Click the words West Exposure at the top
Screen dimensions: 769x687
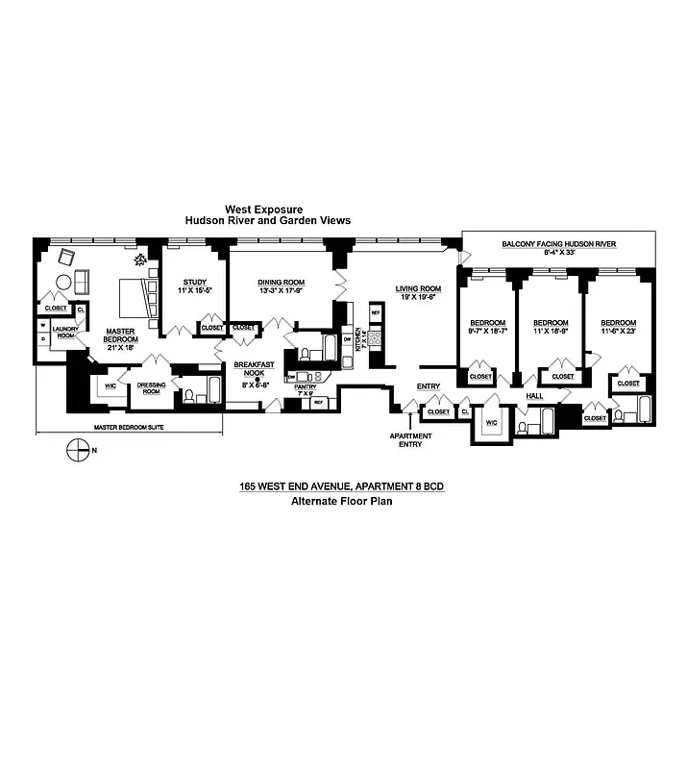pos(263,208)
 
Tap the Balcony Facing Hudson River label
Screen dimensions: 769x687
pos(558,245)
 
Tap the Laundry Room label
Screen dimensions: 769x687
pos(64,333)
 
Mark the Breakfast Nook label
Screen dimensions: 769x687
pos(254,370)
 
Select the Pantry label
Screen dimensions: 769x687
pos(306,390)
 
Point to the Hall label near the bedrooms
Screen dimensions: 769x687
pos(535,394)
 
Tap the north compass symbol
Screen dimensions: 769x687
pos(76,449)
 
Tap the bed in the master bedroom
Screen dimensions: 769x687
pos(135,297)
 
